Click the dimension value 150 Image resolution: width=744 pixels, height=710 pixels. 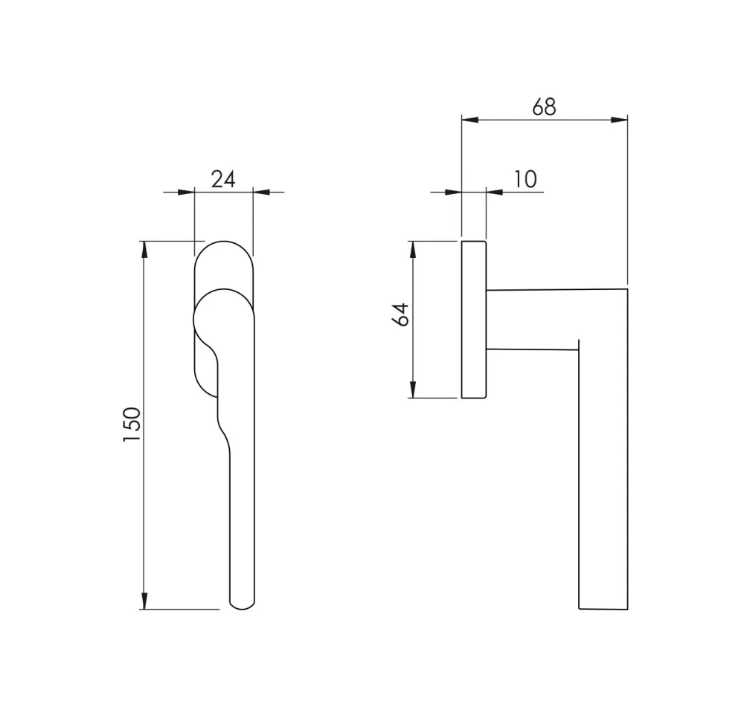[x=132, y=424]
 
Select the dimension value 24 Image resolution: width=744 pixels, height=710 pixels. [x=223, y=180]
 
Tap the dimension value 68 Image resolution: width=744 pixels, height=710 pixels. [x=545, y=107]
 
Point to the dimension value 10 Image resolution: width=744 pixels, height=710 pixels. [x=525, y=179]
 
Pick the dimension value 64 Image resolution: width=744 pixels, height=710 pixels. [x=401, y=314]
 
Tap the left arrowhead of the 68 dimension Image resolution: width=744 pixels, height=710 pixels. [x=469, y=120]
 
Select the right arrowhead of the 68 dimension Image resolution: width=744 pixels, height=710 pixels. [x=619, y=120]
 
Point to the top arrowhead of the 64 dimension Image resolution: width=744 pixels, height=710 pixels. [x=413, y=250]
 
